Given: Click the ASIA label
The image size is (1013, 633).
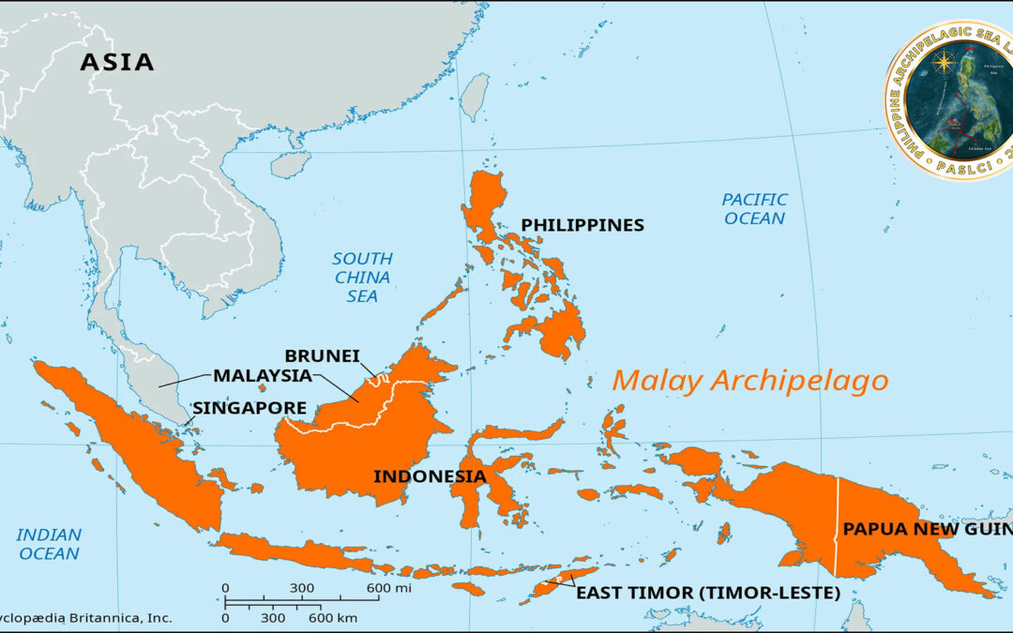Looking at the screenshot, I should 116,62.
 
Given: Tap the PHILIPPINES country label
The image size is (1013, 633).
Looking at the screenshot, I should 582,225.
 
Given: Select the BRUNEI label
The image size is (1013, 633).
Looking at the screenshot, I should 322,355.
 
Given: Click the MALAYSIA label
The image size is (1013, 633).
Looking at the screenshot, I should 262,375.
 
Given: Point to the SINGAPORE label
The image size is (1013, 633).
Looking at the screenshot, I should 249,408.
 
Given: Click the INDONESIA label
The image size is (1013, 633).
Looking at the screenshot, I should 430,475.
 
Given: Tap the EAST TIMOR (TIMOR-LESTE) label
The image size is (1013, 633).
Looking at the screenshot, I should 707,593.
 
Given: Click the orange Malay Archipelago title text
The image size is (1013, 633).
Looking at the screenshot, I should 749,381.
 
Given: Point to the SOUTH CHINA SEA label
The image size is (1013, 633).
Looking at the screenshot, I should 362,277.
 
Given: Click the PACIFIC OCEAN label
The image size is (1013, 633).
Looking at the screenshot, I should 754,208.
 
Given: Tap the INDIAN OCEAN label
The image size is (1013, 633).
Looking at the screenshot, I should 49,544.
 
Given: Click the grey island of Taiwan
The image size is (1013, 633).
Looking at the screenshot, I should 477,94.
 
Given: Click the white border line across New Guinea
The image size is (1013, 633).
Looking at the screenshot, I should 837,525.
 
